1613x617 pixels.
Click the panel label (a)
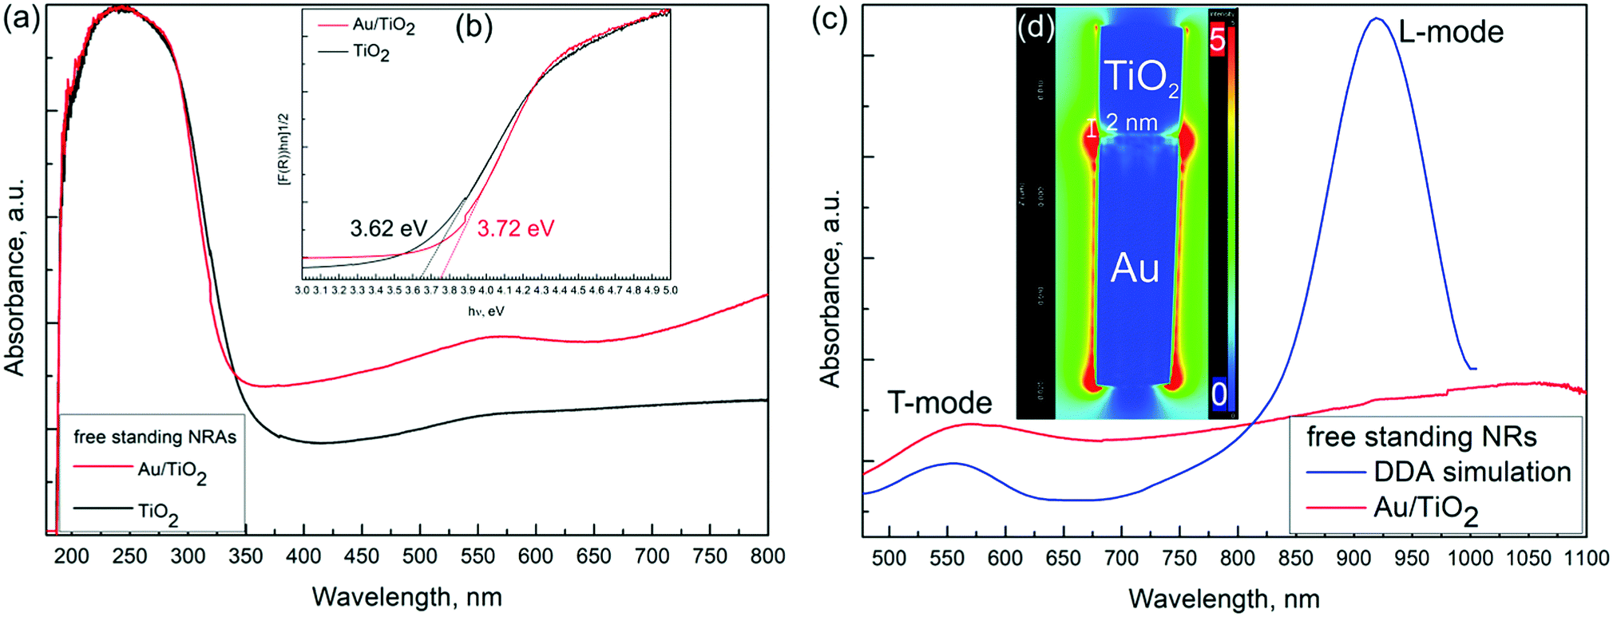(x=22, y=18)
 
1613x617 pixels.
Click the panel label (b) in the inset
(x=474, y=28)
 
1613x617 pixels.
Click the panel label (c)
(x=830, y=18)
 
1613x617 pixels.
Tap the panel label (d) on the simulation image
(x=1036, y=27)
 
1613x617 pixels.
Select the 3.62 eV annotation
(x=389, y=229)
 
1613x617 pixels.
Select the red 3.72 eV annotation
(x=515, y=229)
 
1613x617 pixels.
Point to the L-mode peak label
(x=1451, y=32)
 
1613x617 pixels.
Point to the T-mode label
(x=940, y=403)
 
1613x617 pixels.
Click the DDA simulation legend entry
(x=1472, y=472)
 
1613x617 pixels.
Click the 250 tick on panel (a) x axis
(x=129, y=556)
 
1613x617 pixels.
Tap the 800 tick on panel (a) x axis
(x=767, y=556)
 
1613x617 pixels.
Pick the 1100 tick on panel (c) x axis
(x=1586, y=558)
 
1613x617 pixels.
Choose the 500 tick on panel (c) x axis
(x=889, y=558)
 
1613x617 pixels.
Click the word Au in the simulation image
(x=1135, y=269)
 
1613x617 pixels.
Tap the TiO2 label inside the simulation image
(x=1140, y=77)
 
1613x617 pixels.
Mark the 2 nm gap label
(x=1131, y=122)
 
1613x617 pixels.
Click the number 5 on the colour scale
(x=1217, y=38)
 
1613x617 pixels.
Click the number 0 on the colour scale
(x=1219, y=394)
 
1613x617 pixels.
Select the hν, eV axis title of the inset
(x=485, y=311)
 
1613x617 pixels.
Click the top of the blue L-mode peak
(x=1376, y=18)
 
